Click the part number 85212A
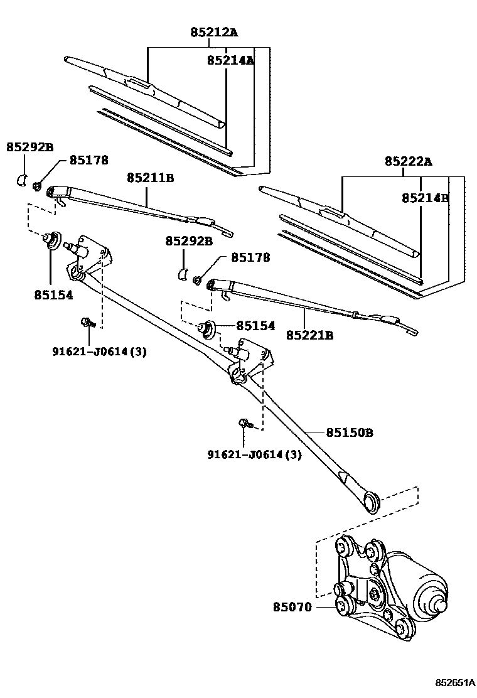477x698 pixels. (x=214, y=32)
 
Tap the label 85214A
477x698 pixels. (x=230, y=60)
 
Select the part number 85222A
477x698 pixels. (x=409, y=162)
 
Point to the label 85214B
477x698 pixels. (x=426, y=197)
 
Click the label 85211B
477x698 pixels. (x=150, y=178)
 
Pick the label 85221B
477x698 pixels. (x=309, y=335)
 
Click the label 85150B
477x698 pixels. (x=350, y=432)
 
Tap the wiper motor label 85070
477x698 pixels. (x=292, y=607)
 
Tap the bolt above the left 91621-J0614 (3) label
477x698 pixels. (x=88, y=324)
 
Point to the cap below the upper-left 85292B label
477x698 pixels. (x=20, y=180)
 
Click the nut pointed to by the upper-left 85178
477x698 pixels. (x=38, y=185)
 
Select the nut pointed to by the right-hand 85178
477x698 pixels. (x=197, y=279)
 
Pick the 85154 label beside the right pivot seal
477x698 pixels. (x=255, y=326)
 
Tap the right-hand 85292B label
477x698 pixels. (x=189, y=240)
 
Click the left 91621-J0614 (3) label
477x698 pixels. (x=99, y=352)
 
